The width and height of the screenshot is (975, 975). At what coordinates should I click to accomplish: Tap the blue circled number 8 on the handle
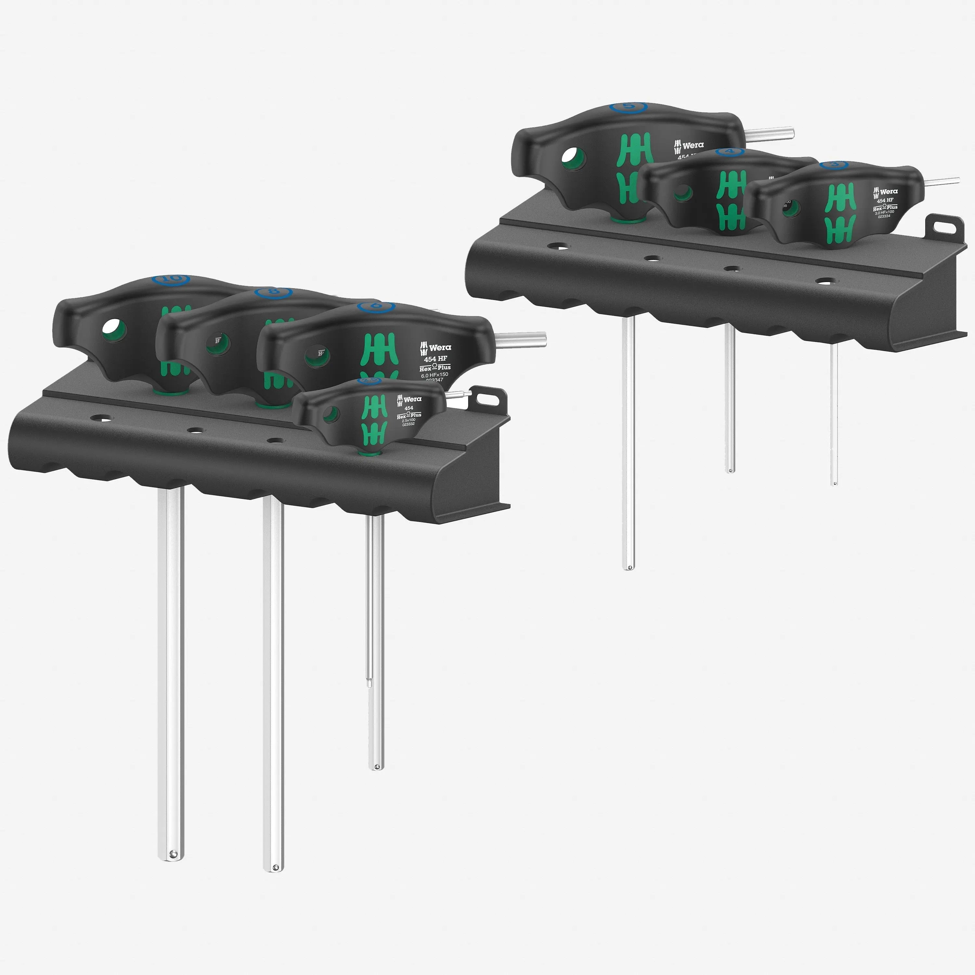pos(273,292)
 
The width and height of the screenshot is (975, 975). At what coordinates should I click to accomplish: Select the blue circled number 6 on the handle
pos(375,306)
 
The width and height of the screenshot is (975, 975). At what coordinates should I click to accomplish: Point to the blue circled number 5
pos(628,107)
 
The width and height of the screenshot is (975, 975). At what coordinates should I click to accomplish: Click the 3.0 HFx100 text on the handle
pos(884,212)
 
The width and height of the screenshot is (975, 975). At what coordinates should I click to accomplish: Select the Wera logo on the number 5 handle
pos(689,145)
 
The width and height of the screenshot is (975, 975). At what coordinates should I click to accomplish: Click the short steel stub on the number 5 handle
pos(770,134)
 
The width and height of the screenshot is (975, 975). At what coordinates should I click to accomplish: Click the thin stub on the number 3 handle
pos(943,181)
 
